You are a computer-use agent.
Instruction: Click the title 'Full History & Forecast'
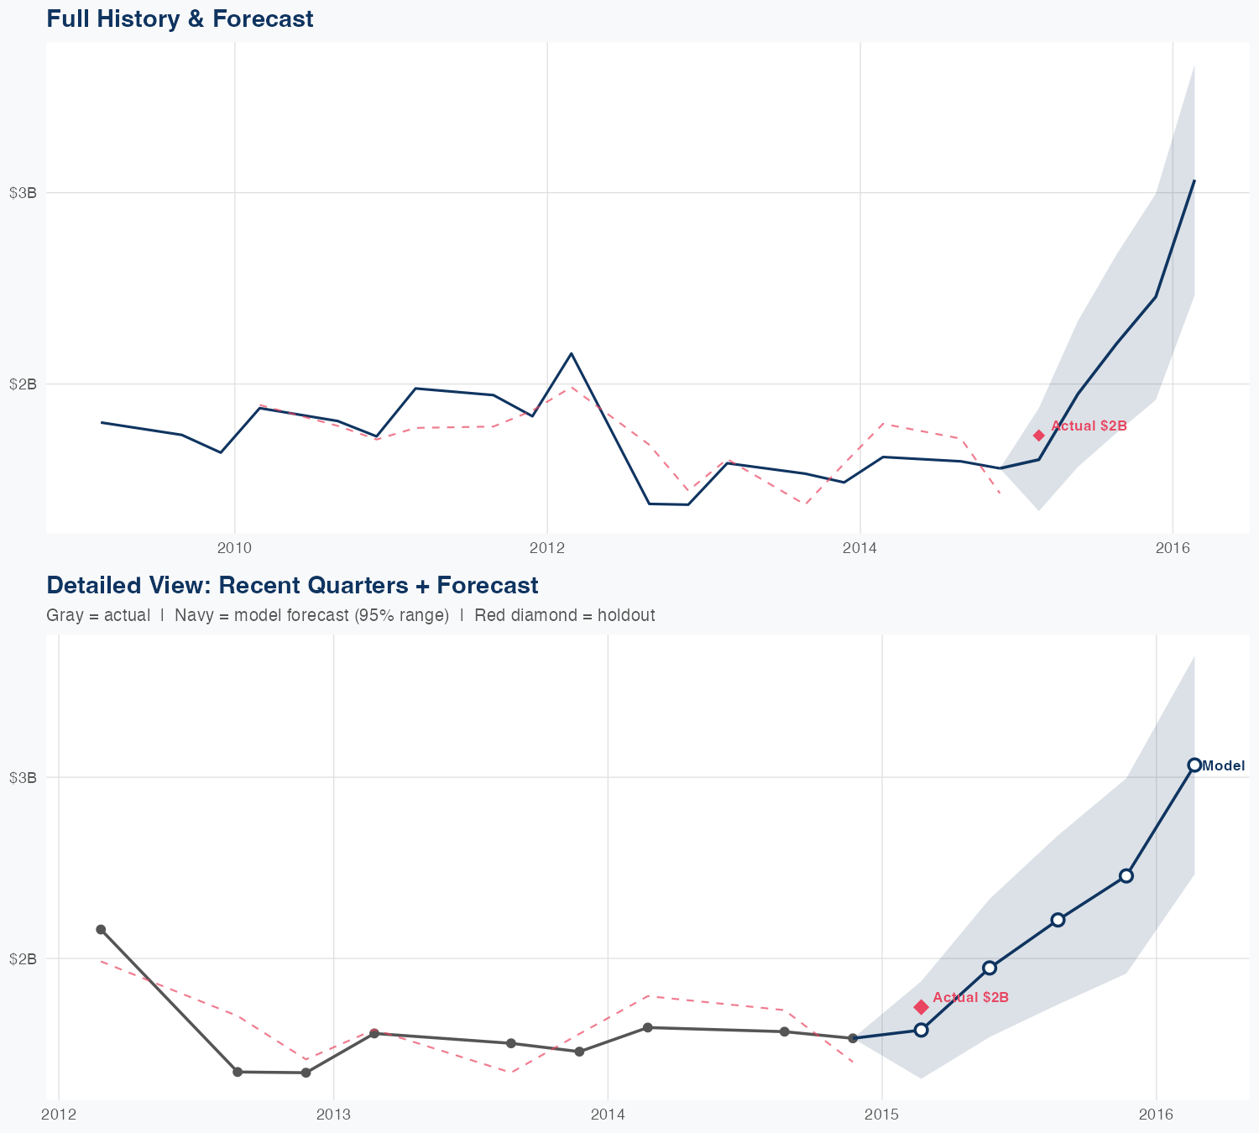click(180, 18)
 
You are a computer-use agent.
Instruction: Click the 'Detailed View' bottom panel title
click(292, 585)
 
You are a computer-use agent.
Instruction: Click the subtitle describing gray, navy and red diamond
click(351, 615)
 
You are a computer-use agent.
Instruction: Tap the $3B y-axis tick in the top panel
click(23, 192)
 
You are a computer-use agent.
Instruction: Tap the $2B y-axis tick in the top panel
click(23, 384)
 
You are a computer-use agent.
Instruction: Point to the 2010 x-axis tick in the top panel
click(234, 548)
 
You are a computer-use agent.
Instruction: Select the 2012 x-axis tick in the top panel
click(547, 548)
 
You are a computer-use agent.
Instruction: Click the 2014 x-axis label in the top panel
click(860, 548)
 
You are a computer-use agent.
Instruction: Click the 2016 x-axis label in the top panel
click(1173, 548)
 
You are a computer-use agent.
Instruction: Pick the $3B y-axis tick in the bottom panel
click(23, 777)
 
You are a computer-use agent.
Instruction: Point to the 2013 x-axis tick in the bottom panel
click(333, 1114)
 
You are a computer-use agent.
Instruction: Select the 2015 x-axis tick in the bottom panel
click(882, 1114)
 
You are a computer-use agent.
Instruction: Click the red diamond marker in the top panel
click(1038, 435)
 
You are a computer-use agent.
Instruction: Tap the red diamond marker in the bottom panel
click(921, 1006)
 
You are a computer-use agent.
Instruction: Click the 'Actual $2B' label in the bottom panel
click(970, 997)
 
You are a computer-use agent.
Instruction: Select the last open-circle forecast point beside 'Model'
click(1194, 765)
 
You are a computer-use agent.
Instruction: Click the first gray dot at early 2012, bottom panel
click(101, 929)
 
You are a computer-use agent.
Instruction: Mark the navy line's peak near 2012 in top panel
click(571, 353)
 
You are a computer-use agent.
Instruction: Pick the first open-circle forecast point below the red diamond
click(921, 1030)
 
